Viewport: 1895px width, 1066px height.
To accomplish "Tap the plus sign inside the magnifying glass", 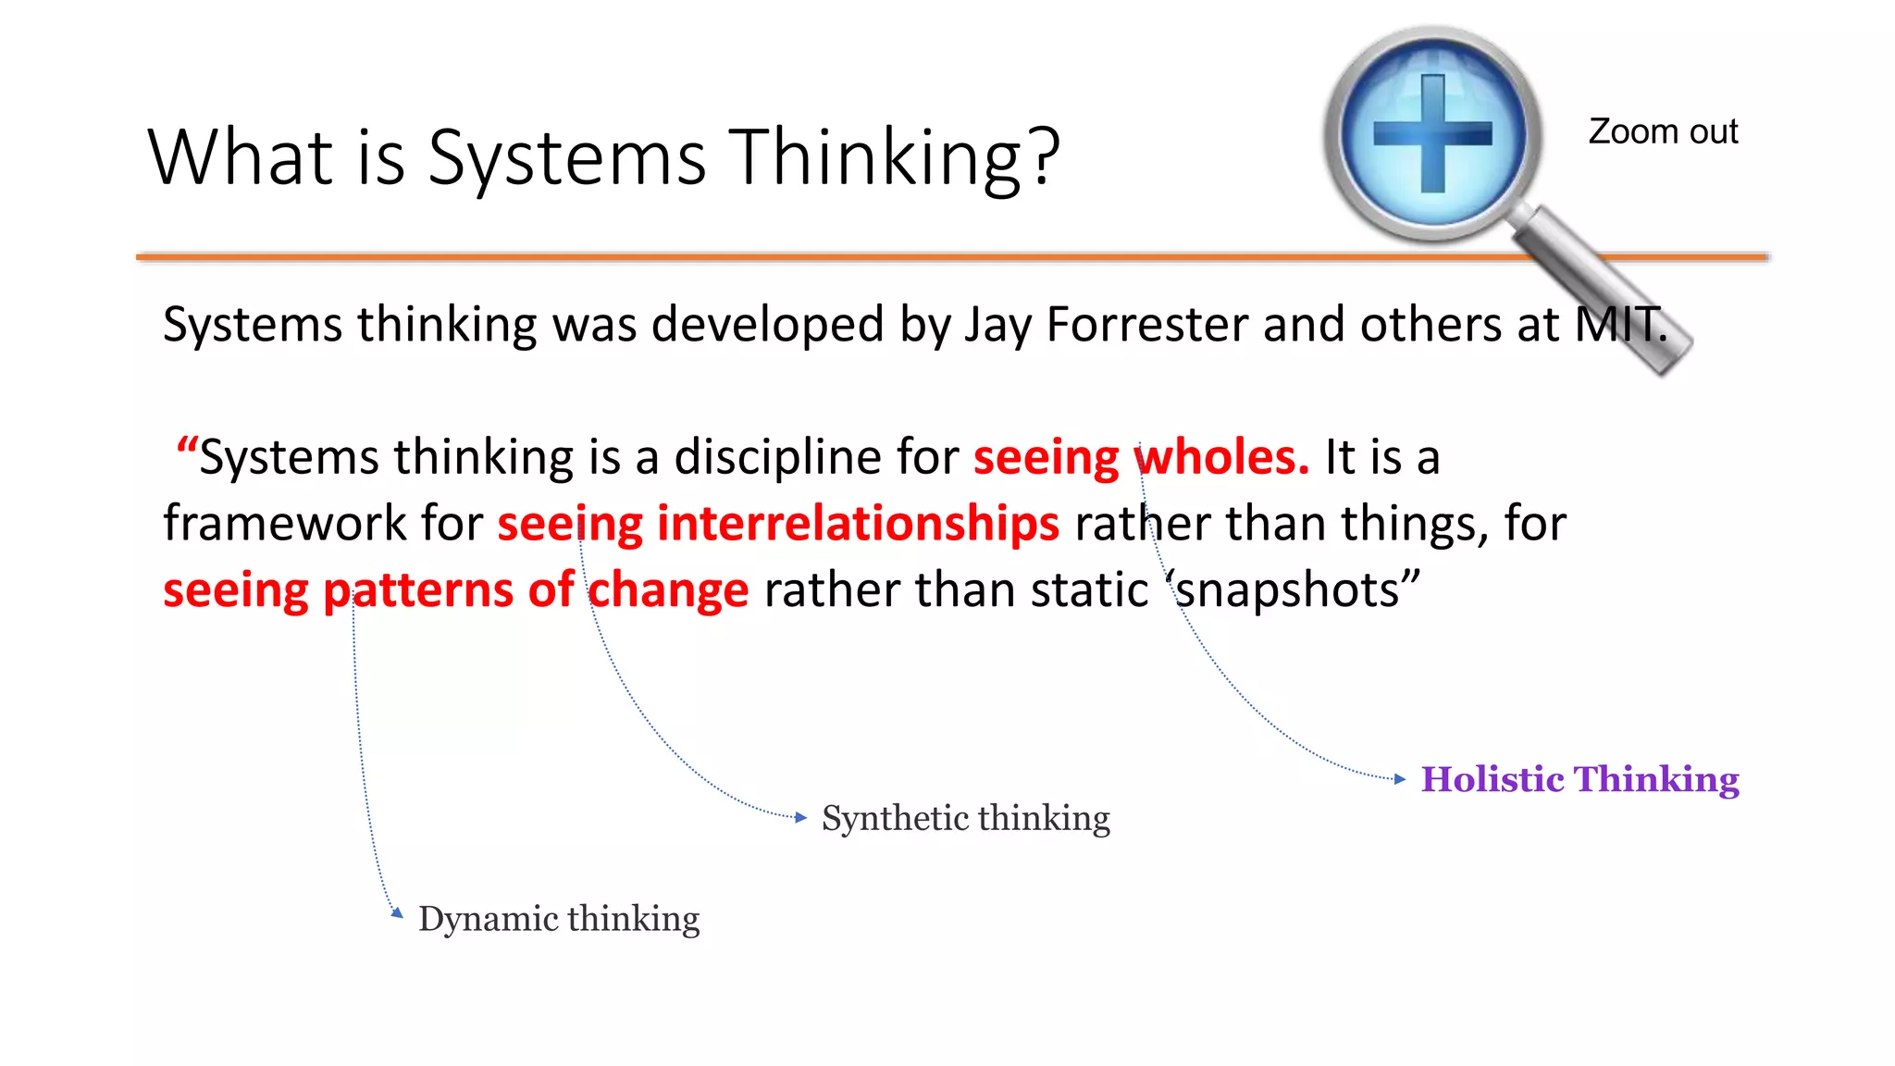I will [x=1432, y=134].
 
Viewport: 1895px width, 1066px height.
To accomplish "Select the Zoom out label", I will [x=1663, y=131].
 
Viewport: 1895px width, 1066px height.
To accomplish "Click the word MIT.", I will [x=1619, y=325].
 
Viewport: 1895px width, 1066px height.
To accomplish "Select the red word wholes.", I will [x=1221, y=457].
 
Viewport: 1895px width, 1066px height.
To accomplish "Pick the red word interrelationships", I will [x=857, y=524].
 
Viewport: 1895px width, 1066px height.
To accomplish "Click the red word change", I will [x=668, y=590].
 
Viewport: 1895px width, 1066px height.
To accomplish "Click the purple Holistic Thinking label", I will [x=1579, y=779].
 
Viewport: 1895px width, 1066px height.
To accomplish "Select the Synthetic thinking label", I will [x=965, y=818].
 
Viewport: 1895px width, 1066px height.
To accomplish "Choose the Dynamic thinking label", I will [x=559, y=919].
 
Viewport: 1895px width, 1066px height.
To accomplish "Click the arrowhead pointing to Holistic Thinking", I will [x=1400, y=779].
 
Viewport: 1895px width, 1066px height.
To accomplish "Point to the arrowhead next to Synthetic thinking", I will [x=801, y=817].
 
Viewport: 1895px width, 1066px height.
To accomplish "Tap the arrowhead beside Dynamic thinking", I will [x=397, y=912].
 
